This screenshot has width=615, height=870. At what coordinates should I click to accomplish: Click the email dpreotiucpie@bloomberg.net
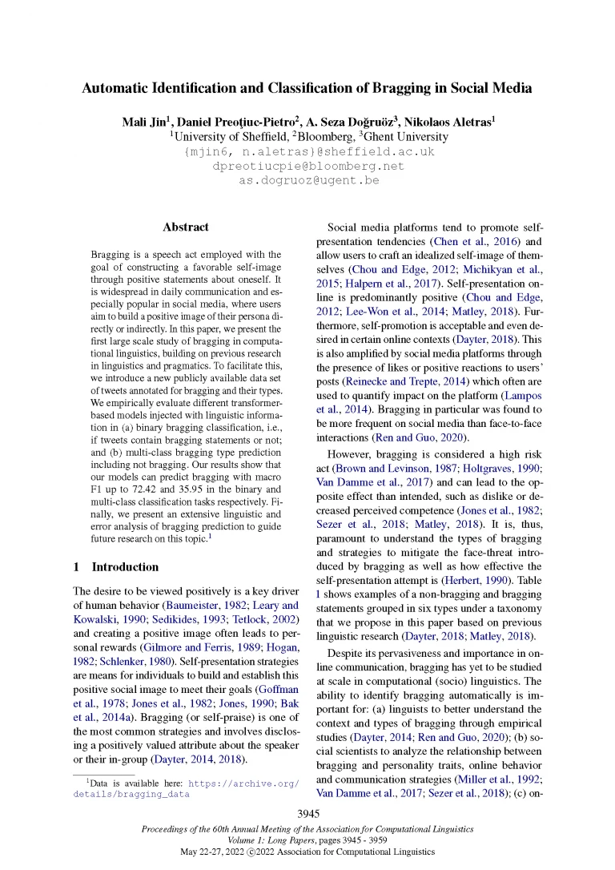(308, 166)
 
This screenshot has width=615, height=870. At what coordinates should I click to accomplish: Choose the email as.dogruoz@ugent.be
(308, 180)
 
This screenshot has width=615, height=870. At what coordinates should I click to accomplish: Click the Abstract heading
(186, 228)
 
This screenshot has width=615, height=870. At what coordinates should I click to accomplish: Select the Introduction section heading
(125, 566)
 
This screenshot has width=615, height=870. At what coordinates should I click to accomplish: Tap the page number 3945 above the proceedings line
(308, 814)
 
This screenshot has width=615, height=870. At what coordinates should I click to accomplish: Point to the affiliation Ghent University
(400, 136)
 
